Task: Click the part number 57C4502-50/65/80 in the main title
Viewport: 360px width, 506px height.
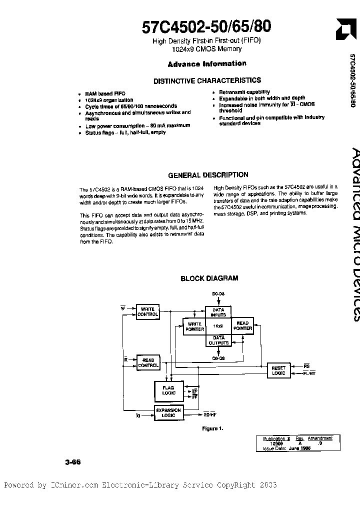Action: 206,26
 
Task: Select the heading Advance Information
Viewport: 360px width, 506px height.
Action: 207,64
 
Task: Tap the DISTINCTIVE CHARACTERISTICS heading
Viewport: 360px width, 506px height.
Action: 207,80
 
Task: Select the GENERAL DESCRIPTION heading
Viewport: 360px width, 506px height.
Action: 208,175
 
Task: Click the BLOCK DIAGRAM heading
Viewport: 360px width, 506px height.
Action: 209,278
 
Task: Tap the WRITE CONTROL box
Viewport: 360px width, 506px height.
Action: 148,312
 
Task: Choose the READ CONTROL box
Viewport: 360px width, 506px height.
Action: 148,362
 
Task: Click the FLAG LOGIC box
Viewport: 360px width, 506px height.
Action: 168,390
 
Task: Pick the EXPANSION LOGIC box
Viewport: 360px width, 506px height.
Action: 168,412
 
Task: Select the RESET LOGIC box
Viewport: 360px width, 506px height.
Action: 278,370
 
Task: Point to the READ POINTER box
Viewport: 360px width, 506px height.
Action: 242,326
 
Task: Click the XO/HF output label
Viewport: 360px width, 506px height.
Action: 209,414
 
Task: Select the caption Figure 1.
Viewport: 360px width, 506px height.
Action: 212,428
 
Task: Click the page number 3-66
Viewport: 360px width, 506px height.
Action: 72,462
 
